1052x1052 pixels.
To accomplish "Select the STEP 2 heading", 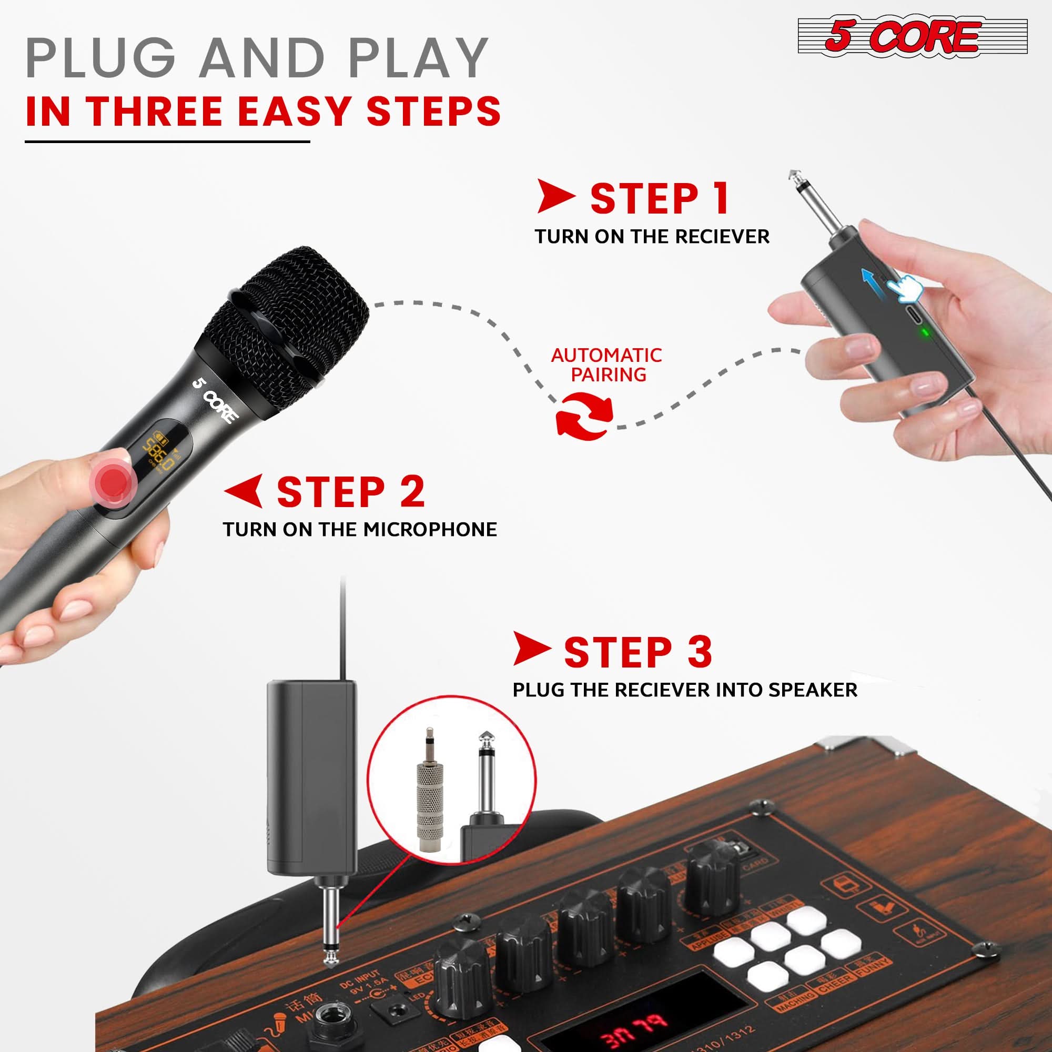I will click(x=350, y=492).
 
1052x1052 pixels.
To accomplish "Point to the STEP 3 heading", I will click(x=638, y=652).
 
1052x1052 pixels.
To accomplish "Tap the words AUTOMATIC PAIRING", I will click(x=606, y=365).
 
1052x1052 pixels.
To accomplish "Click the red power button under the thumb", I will click(x=113, y=481).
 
